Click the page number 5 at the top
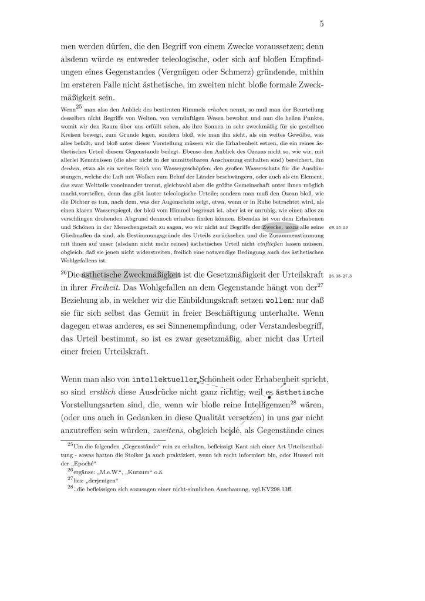coord(322,24)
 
